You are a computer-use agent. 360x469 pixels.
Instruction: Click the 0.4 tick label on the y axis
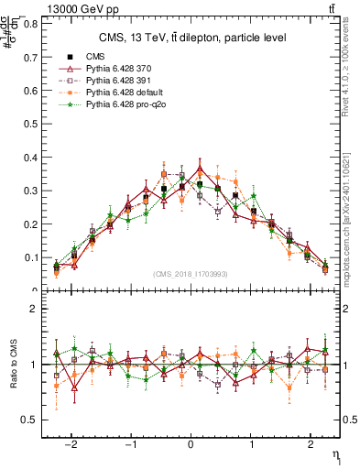pyautogui.click(x=31, y=158)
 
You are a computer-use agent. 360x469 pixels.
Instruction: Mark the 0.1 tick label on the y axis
pyautogui.click(x=31, y=257)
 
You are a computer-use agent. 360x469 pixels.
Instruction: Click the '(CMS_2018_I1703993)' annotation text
pyautogui.click(x=191, y=274)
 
